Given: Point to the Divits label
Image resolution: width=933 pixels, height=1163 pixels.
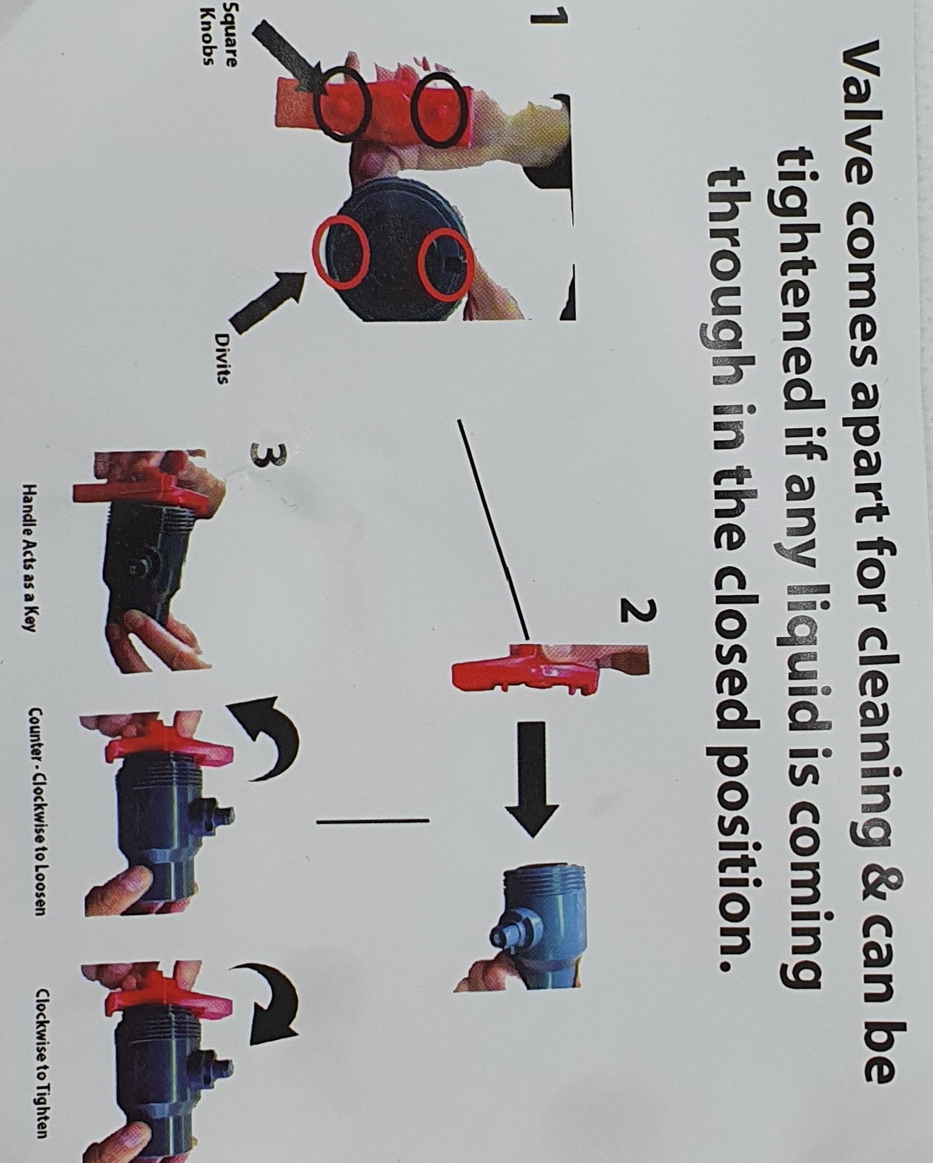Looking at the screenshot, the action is pos(221,358).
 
